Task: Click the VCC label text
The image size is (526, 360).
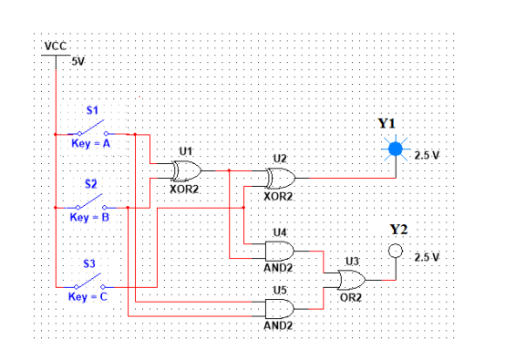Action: click(x=54, y=46)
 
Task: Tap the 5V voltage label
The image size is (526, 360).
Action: click(x=77, y=61)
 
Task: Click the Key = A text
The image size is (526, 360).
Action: click(x=90, y=144)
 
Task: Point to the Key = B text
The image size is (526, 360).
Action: click(x=90, y=218)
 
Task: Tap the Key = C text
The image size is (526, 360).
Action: click(x=90, y=296)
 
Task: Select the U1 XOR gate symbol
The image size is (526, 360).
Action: click(x=187, y=170)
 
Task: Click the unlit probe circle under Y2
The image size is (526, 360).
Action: click(x=395, y=251)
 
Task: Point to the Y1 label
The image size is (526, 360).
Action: click(x=387, y=123)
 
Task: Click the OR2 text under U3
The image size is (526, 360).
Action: click(x=351, y=296)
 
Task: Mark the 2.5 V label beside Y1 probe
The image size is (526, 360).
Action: click(x=428, y=154)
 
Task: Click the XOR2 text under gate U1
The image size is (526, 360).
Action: click(x=185, y=190)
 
